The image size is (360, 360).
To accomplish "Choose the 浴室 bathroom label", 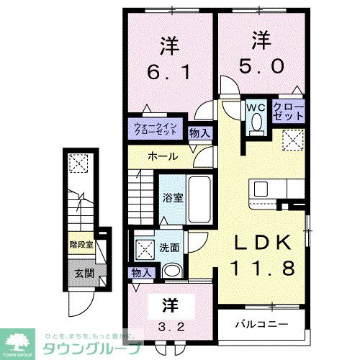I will (x=170, y=195).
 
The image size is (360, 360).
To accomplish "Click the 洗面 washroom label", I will (x=171, y=247).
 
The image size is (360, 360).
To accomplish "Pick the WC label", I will (x=256, y=107).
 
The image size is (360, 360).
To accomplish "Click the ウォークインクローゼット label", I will (x=158, y=130).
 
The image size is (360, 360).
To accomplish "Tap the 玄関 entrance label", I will (x=84, y=273).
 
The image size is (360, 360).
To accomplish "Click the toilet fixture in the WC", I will (x=256, y=124).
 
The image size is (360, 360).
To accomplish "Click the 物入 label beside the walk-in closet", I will (x=199, y=132).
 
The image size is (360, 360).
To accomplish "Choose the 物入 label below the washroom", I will (x=142, y=272).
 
